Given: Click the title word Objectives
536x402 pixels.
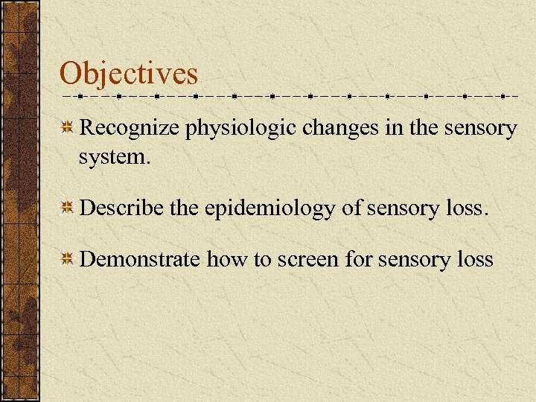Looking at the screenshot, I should coord(129,74).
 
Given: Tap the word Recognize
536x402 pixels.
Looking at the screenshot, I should coord(130,129).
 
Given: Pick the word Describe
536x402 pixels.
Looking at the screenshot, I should coord(122,208).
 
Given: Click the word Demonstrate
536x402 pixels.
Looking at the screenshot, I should coord(139,259).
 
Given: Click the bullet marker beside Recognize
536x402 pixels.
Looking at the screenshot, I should coord(67,129).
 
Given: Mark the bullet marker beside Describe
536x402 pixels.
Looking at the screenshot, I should coord(67,208).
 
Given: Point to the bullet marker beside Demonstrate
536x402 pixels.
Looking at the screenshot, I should coord(67,259).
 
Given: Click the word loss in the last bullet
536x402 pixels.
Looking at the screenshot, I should coord(476,259).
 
